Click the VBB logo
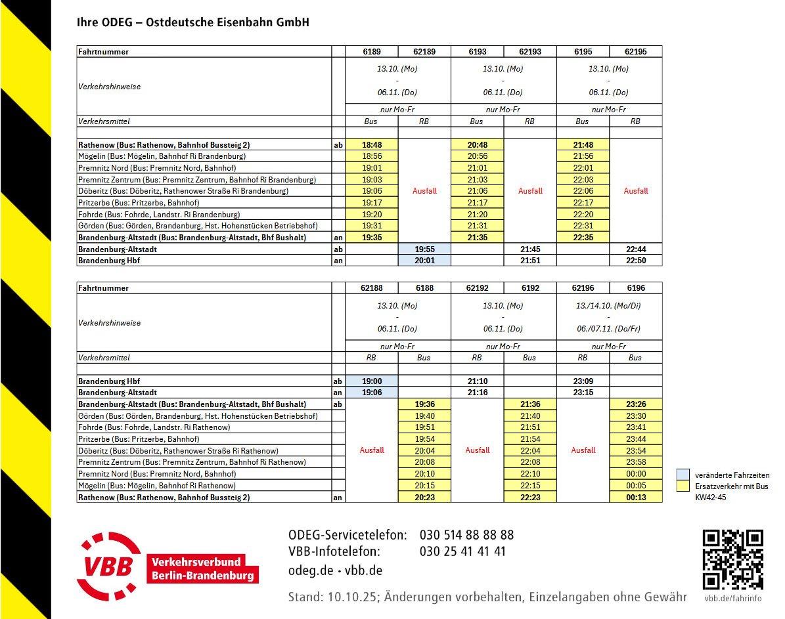[168, 566]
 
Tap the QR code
[732, 559]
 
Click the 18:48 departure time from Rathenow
[372, 144]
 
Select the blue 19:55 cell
[424, 249]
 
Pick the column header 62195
[635, 52]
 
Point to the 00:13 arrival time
[635, 498]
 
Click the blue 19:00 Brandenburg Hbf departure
[372, 381]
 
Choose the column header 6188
[424, 288]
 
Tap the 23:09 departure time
[583, 381]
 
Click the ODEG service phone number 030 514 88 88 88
[466, 535]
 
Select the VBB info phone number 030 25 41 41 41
[462, 552]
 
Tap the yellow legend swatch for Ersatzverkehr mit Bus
[683, 486]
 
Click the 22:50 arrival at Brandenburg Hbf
[635, 261]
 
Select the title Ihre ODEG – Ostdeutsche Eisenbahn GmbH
[193, 23]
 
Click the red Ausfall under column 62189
[424, 191]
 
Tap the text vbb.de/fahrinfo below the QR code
[733, 598]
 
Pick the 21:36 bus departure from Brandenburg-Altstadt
[530, 404]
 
